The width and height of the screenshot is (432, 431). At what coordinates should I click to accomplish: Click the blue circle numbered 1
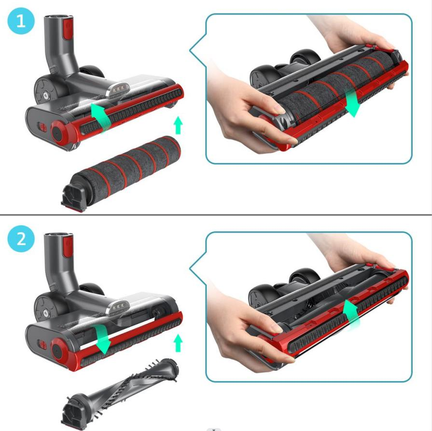coord(21,21)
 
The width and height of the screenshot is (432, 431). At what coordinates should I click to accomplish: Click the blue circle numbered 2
coord(21,238)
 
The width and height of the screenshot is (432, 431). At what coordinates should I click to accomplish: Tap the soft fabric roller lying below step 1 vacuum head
coord(121,174)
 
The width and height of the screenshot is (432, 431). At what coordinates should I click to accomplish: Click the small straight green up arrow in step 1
coord(179,125)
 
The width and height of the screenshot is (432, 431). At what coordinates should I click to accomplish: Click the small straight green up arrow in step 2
coord(179,343)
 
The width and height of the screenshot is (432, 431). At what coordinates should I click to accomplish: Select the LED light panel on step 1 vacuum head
coord(118,90)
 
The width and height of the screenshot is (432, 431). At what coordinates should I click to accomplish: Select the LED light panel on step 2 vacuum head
coord(118,308)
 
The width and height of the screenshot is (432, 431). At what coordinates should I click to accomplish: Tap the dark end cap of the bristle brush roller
coord(72,413)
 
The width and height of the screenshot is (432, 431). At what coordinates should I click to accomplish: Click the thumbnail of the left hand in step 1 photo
coord(279,110)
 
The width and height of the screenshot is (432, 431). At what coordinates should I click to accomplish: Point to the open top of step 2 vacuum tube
coord(59,236)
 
